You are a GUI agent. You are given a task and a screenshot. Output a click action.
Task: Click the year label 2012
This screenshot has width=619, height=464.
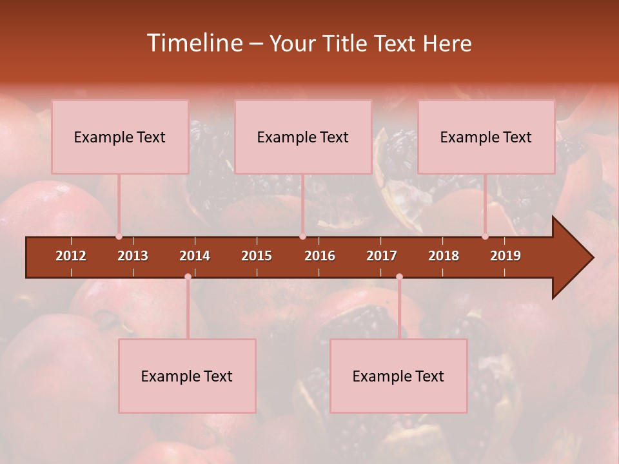tap(71, 256)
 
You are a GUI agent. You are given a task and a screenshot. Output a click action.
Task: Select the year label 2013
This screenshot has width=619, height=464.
tap(133, 256)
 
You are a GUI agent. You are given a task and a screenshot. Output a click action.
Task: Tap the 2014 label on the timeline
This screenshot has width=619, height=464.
tap(195, 256)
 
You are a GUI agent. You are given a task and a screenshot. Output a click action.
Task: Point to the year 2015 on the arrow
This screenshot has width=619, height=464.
tap(257, 256)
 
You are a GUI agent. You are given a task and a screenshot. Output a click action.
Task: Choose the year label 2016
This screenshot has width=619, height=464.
tap(320, 256)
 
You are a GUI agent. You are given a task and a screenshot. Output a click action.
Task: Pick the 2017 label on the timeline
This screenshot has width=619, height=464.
tap(382, 256)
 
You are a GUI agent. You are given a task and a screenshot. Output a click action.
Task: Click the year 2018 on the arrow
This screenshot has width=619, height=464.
tap(444, 256)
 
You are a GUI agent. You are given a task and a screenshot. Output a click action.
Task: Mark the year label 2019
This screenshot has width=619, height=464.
tap(506, 256)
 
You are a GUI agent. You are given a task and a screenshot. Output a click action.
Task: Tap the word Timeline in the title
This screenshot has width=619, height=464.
tap(194, 43)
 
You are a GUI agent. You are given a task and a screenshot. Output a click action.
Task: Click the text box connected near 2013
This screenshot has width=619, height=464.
tap(120, 137)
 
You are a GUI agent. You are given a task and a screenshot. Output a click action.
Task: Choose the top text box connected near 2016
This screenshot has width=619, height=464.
tap(303, 137)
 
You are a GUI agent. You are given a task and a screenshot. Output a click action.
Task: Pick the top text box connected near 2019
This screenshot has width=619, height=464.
tap(486, 137)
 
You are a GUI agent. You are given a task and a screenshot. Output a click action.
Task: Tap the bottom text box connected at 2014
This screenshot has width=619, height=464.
tap(187, 376)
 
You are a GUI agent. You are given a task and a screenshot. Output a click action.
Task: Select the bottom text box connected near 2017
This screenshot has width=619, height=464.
tap(398, 376)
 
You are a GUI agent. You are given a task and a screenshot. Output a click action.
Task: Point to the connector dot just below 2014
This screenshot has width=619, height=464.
tap(188, 277)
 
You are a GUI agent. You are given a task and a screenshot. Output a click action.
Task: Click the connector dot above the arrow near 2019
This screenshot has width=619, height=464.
tap(486, 237)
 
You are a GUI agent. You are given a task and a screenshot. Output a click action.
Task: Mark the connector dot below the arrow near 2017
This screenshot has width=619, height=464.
tap(399, 277)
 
